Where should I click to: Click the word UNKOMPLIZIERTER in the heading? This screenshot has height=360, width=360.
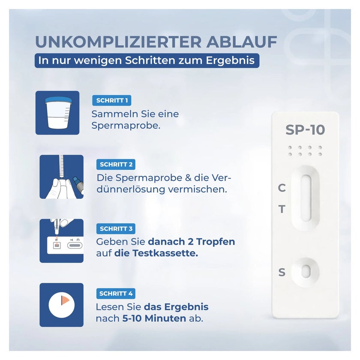click(x=118, y=42)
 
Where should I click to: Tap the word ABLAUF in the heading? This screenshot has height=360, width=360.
click(x=242, y=42)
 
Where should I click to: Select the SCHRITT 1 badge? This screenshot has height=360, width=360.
click(x=112, y=100)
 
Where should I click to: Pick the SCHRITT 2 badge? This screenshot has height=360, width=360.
click(x=116, y=165)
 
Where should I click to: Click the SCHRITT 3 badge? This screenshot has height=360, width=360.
click(x=116, y=229)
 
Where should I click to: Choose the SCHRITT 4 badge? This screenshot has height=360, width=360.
click(x=116, y=294)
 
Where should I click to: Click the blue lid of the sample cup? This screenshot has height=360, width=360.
click(x=58, y=99)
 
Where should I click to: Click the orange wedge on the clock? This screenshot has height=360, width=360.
click(x=65, y=300)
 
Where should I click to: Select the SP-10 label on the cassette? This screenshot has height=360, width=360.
click(x=305, y=130)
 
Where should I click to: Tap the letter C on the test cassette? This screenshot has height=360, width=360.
click(x=282, y=188)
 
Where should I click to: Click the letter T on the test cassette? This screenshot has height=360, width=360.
click(x=282, y=209)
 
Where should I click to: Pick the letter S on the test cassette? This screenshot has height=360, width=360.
click(x=282, y=272)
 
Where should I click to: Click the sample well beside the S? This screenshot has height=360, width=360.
click(x=306, y=272)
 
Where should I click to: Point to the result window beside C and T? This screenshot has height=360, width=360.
click(x=306, y=198)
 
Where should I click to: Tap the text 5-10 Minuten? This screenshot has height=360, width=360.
click(x=154, y=318)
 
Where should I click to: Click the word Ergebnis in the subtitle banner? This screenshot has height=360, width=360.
click(x=230, y=60)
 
